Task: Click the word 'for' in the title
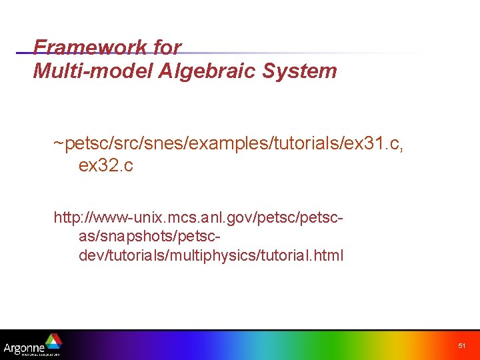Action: point(167,47)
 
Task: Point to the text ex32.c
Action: point(105,166)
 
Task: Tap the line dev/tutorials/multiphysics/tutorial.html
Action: point(211,255)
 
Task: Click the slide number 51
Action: point(462,345)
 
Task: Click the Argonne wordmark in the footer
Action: point(24,347)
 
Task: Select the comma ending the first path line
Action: point(401,148)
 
